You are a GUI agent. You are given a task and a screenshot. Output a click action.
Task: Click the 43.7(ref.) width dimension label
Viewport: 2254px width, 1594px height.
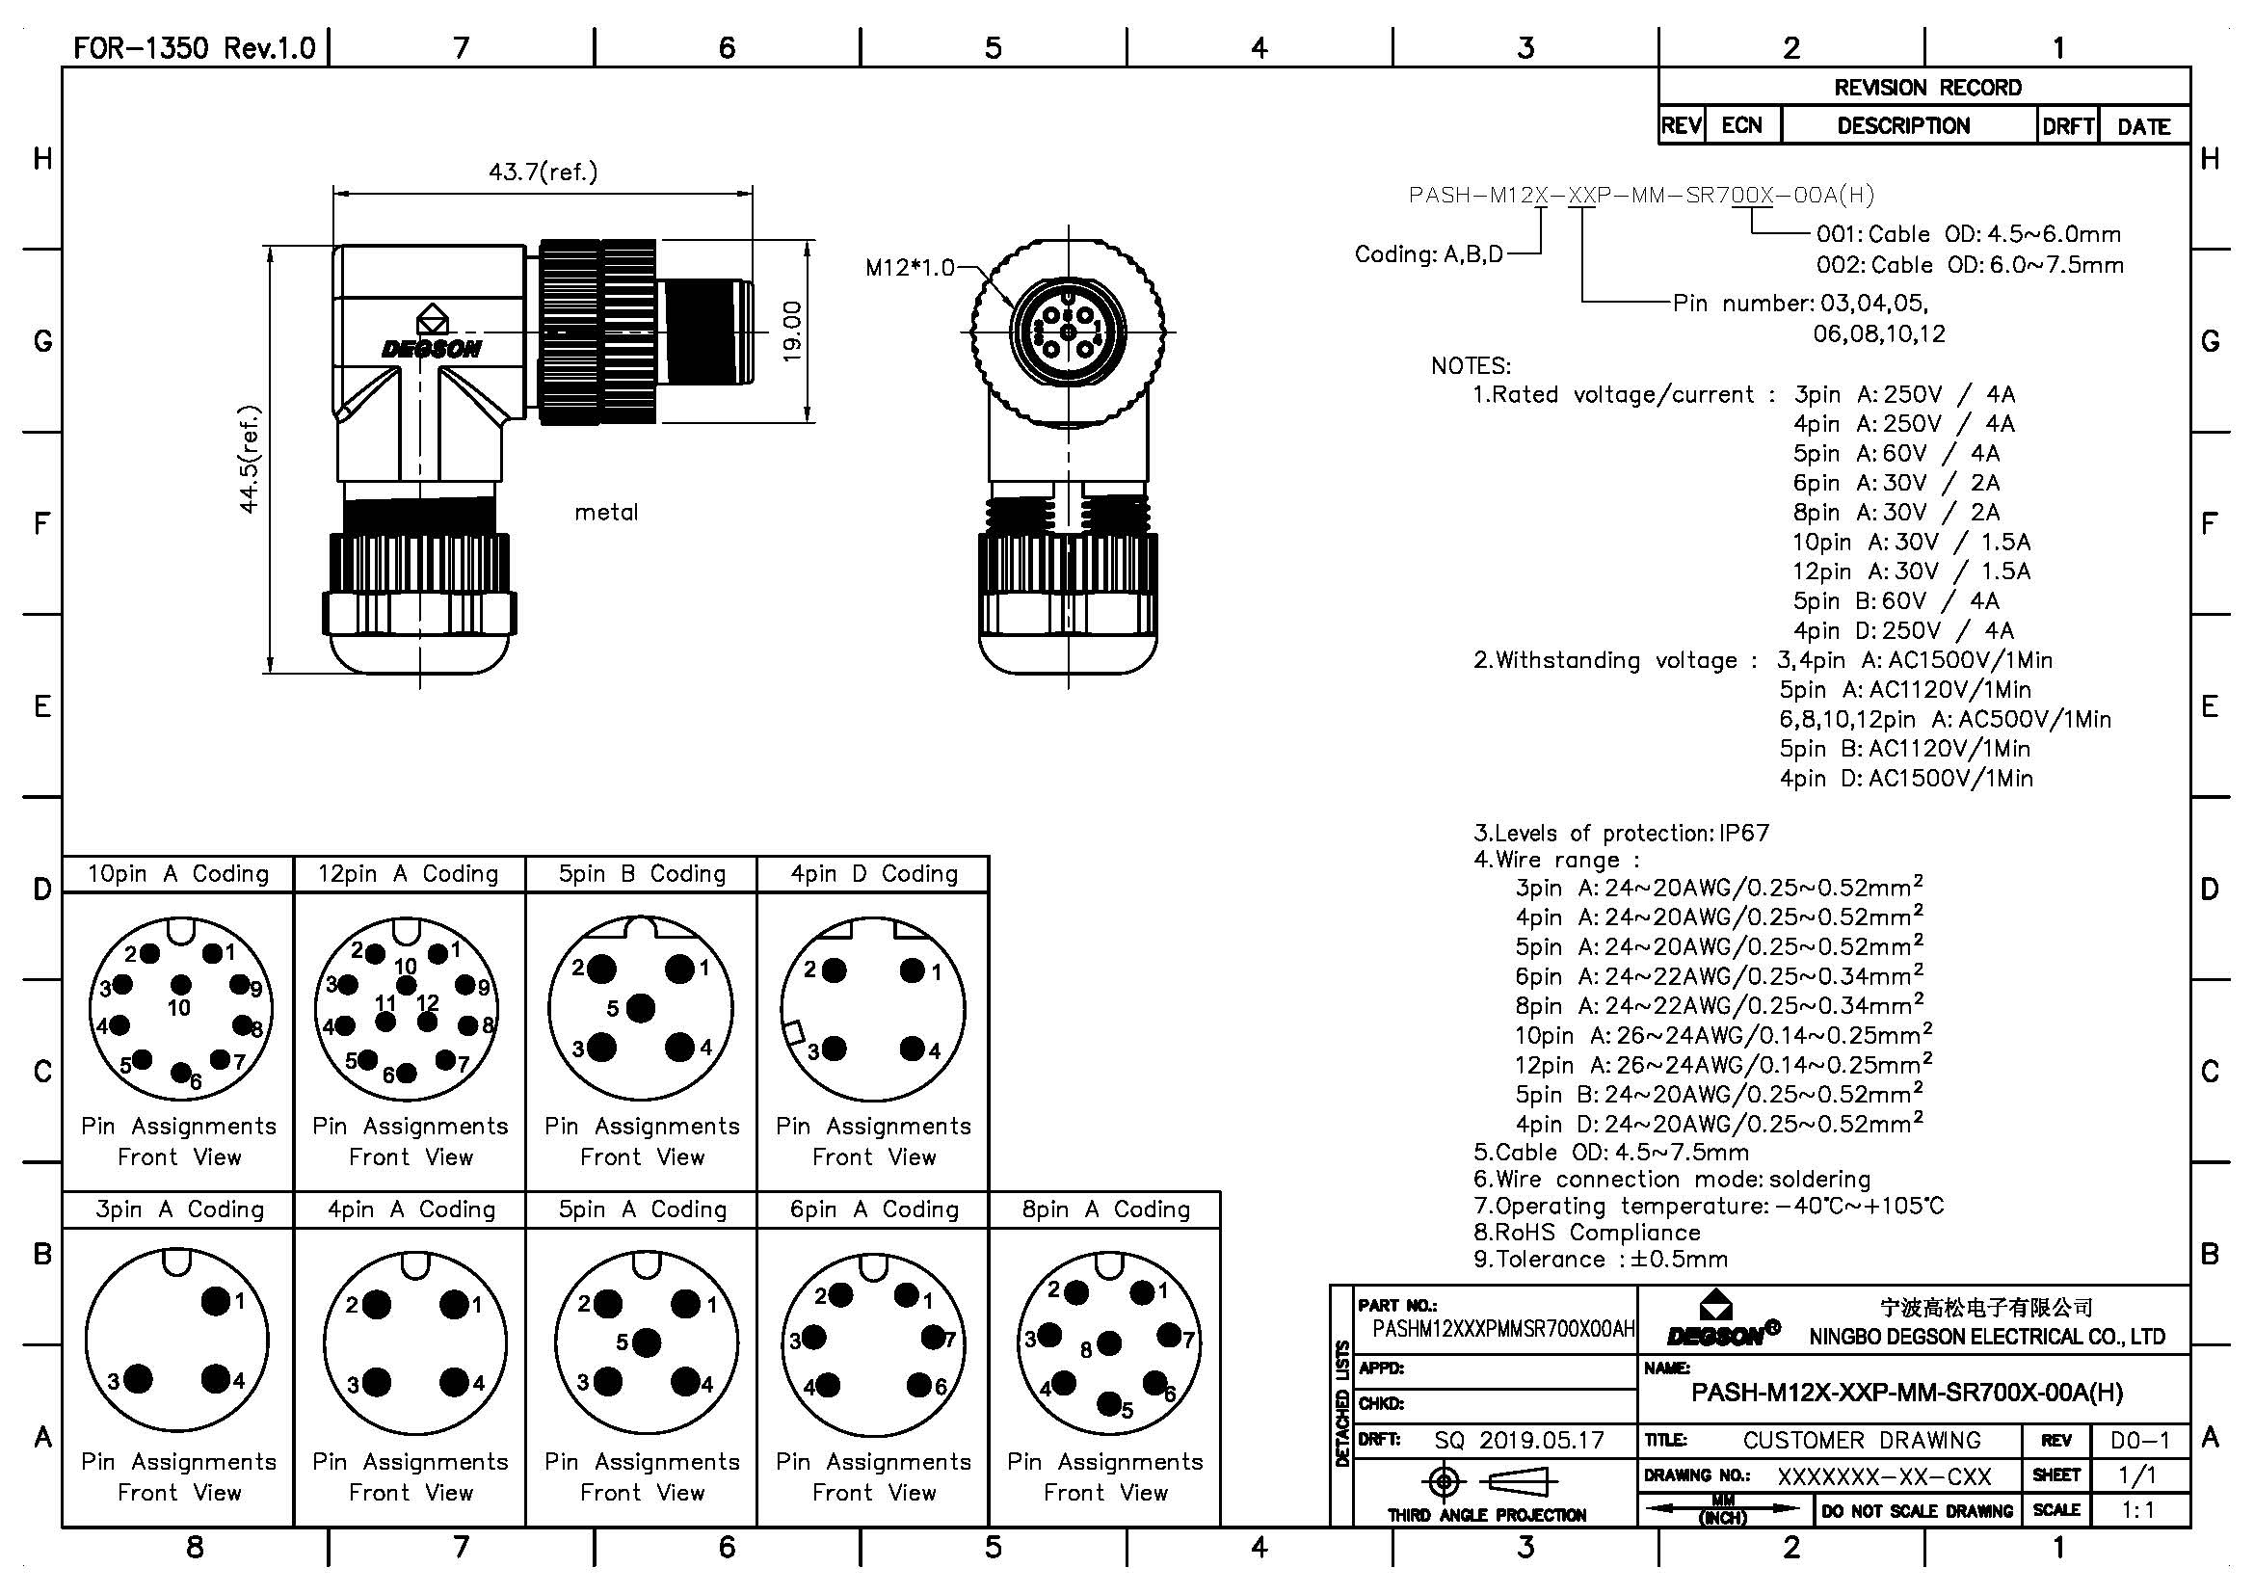coord(543,173)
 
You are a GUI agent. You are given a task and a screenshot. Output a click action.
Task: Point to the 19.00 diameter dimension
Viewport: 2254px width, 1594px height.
coord(792,331)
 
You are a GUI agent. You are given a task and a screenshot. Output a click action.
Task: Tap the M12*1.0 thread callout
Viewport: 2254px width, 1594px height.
coord(909,267)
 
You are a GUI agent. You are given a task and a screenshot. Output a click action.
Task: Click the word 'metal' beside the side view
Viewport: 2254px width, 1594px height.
coord(606,512)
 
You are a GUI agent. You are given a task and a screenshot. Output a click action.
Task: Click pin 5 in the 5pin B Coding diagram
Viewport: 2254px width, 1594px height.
coord(640,1008)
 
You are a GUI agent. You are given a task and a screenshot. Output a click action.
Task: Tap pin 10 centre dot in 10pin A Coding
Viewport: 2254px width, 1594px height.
coord(180,985)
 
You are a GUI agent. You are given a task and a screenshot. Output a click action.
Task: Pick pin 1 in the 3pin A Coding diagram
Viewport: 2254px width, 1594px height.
coord(216,1301)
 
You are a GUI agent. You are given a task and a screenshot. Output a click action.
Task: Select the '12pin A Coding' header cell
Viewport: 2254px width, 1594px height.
coord(409,873)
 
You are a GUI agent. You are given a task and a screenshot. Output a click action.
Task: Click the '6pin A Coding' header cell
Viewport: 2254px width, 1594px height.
coord(874,1209)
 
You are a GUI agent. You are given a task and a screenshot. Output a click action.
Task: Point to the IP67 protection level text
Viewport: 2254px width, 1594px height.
coord(1743,834)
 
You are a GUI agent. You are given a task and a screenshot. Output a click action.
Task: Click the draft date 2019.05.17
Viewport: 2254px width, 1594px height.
coord(1541,1440)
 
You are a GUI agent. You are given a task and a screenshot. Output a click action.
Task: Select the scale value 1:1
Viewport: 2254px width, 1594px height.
coord(2138,1509)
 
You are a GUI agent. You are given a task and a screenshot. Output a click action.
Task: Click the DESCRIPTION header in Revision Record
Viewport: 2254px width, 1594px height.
coord(1902,125)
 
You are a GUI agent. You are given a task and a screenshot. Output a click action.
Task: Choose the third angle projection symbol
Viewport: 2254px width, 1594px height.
coord(1486,1481)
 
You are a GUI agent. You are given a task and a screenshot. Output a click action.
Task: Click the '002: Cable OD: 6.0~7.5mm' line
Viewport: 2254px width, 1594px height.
coord(1970,265)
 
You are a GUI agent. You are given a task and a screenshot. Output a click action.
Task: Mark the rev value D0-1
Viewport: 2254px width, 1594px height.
coord(2140,1440)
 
